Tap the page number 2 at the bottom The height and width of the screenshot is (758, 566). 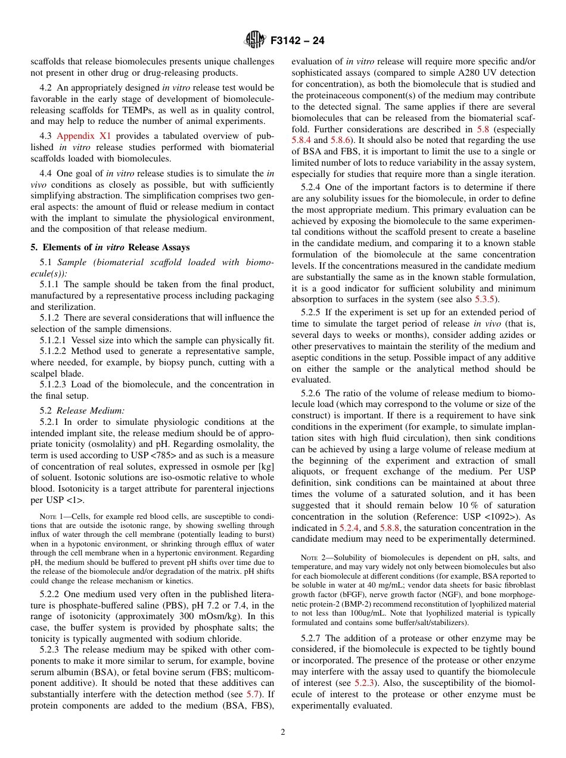coord(283,732)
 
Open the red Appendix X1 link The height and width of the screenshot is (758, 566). coord(83,136)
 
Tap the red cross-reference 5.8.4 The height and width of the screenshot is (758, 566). coord(301,140)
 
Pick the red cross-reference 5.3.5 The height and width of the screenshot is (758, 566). coord(486,299)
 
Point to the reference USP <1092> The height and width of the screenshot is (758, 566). coord(496,517)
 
